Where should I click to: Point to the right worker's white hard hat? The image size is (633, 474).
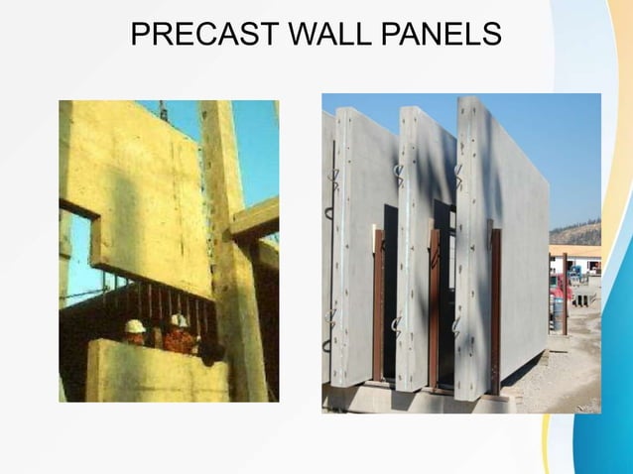pyautogui.click(x=179, y=321)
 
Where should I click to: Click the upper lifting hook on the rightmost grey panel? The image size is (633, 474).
pyautogui.click(x=458, y=177)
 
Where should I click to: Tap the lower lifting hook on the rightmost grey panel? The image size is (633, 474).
pyautogui.click(x=455, y=325)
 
